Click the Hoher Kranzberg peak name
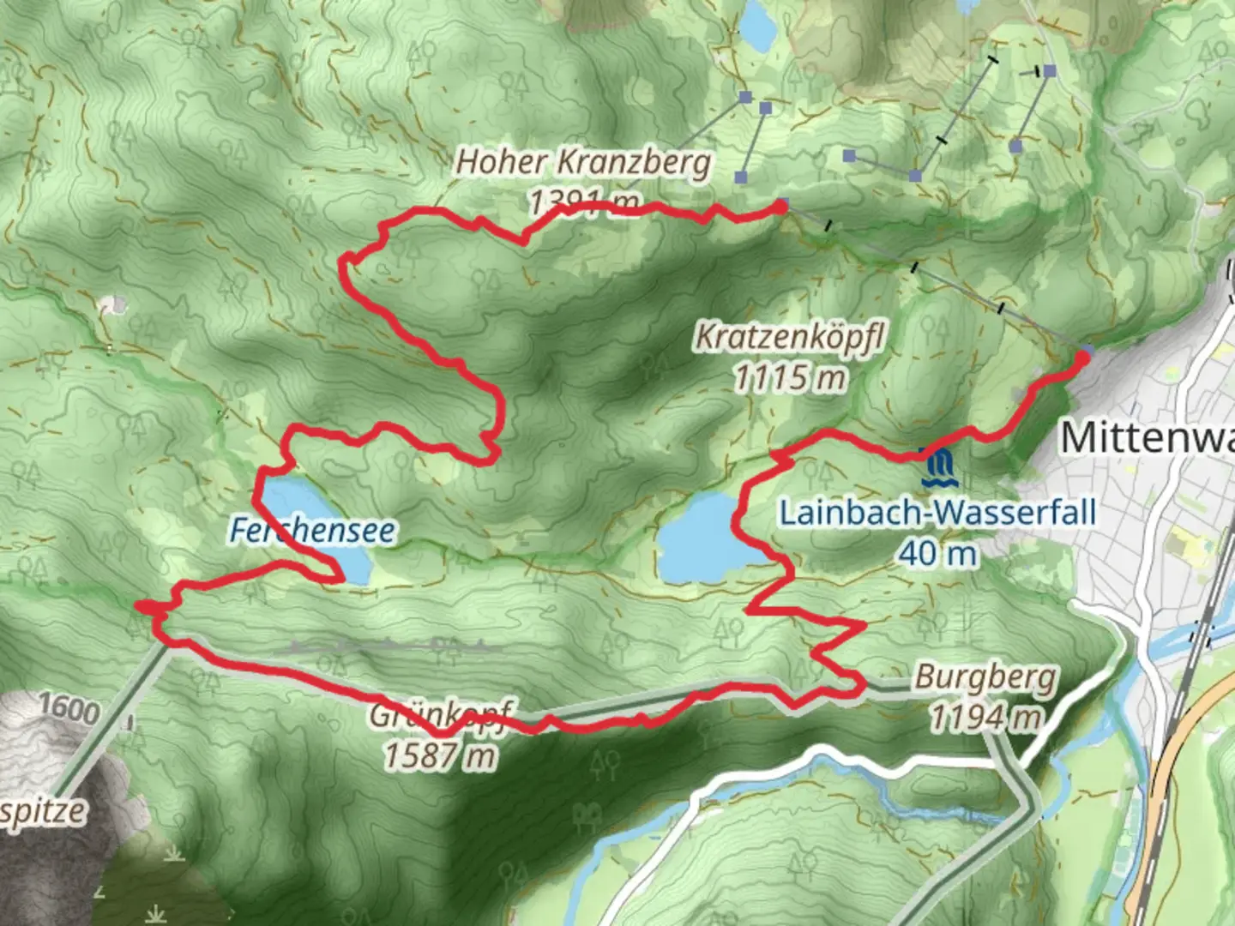pos(583,161)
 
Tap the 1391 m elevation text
pos(583,203)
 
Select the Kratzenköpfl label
pos(789,337)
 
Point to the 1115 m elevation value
pos(789,377)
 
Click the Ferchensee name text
pos(312,531)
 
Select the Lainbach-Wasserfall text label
pos(937,513)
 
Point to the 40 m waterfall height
pos(937,554)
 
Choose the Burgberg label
pos(985,677)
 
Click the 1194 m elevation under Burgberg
pos(985,716)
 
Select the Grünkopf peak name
pos(441,714)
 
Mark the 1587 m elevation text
pos(439,755)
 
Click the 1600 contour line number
pos(69,708)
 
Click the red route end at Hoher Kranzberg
pos(780,206)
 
